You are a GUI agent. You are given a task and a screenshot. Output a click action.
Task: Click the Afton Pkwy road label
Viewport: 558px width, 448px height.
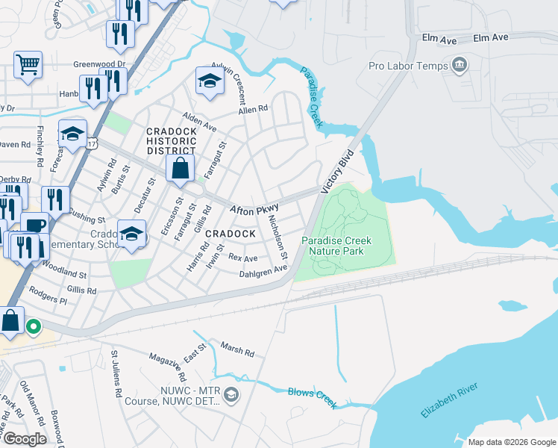254,211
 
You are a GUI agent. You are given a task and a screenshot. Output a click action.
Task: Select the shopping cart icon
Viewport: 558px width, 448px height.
28,64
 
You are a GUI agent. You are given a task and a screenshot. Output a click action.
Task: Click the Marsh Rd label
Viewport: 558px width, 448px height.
238,349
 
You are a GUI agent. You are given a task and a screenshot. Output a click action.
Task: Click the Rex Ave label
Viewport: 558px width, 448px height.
242,258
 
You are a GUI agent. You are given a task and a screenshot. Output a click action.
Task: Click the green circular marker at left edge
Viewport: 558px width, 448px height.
33,326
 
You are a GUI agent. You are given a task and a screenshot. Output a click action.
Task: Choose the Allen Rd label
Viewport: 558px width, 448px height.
252,109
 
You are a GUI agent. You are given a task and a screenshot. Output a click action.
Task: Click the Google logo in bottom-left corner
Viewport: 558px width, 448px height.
25,439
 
